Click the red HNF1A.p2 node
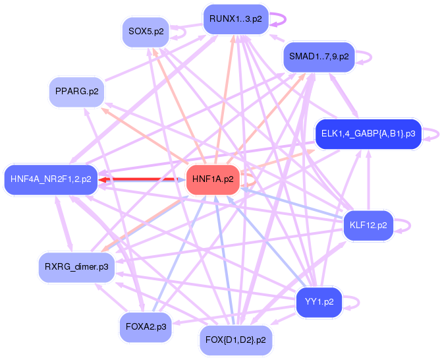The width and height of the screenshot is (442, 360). pyautogui.click(x=213, y=179)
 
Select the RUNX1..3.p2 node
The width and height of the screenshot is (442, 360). pyautogui.click(x=236, y=19)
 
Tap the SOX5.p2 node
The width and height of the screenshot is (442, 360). pyautogui.click(x=146, y=32)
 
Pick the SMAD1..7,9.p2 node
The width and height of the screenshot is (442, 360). pyautogui.click(x=319, y=57)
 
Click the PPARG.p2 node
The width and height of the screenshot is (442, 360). pyautogui.click(x=76, y=92)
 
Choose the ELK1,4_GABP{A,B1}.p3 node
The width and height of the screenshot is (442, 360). pyautogui.click(x=368, y=134)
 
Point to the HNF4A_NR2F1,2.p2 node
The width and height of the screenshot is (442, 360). pyautogui.click(x=51, y=179)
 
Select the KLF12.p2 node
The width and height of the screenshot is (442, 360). pyautogui.click(x=368, y=225)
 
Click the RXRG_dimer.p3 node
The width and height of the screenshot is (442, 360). pyautogui.click(x=76, y=267)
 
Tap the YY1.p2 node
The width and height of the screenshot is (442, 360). pyautogui.click(x=319, y=302)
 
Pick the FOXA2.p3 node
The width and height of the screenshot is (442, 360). pyautogui.click(x=146, y=327)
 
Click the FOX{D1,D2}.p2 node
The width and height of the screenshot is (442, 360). pyautogui.click(x=235, y=340)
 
